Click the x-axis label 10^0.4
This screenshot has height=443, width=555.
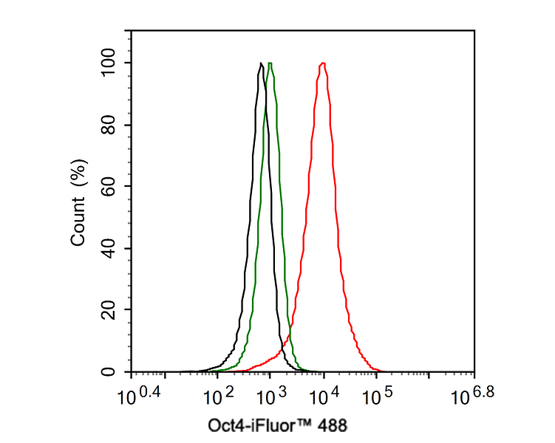(x=140, y=396)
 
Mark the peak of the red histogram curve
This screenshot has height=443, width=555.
(x=323, y=63)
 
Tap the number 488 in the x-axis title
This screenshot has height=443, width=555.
(x=332, y=426)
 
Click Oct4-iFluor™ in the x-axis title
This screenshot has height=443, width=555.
(x=256, y=426)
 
